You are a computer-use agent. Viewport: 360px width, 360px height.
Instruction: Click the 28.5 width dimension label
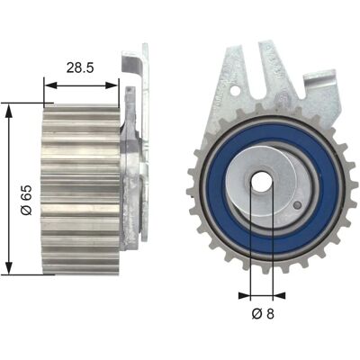[x=80, y=67]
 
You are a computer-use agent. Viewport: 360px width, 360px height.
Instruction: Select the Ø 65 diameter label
[x=26, y=200]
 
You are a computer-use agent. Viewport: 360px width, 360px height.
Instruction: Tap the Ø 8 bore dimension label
[x=263, y=314]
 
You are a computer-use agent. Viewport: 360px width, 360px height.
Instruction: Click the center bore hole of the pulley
[x=261, y=183]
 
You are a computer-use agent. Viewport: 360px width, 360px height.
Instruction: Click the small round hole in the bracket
[x=236, y=90]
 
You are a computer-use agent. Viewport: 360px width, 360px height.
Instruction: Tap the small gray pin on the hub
[x=298, y=205]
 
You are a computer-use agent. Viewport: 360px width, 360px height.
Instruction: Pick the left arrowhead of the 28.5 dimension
[x=50, y=85]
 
